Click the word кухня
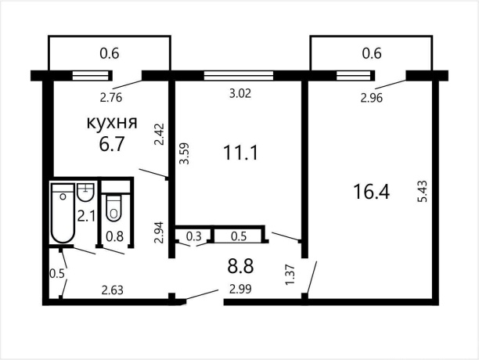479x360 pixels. [x=112, y=123]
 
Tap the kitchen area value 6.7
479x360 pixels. [x=112, y=144]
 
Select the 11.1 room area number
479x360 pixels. [x=241, y=153]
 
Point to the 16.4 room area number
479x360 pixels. [x=371, y=193]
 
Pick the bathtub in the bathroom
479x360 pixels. [x=63, y=213]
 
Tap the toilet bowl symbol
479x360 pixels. [x=113, y=207]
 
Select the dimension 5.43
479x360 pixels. [x=423, y=193]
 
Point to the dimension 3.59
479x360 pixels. [x=184, y=153]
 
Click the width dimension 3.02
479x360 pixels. [x=240, y=93]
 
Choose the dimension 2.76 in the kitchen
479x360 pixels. [x=111, y=98]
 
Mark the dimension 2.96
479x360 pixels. [x=372, y=98]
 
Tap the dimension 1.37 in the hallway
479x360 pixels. [x=290, y=275]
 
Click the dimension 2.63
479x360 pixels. [x=113, y=290]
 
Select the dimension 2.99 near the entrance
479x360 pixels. [x=240, y=289]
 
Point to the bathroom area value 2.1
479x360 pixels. [x=87, y=217]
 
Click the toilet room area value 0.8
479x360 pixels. [x=114, y=236]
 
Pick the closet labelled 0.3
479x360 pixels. [x=194, y=236]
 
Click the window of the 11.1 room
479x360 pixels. [x=239, y=75]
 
